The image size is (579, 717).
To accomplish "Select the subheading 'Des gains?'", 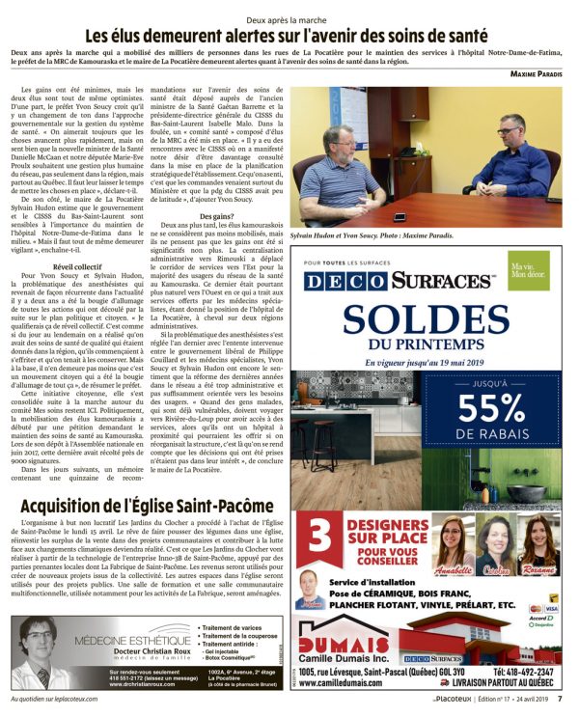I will (x=213, y=217).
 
